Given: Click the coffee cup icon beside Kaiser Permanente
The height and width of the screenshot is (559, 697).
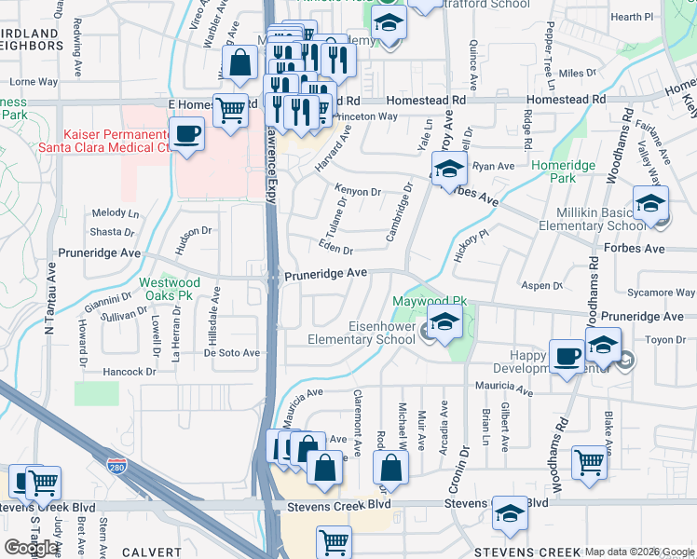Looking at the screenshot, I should click(187, 133).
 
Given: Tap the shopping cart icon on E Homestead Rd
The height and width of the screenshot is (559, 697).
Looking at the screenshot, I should click(230, 109).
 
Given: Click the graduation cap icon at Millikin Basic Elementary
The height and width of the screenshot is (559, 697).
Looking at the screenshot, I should click(650, 203).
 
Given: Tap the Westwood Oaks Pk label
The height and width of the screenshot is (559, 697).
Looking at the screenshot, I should click(170, 289).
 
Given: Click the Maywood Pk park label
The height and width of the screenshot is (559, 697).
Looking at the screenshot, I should click(429, 302).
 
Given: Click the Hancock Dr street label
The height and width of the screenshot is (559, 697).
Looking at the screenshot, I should click(130, 372).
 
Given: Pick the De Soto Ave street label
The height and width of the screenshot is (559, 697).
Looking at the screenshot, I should click(232, 353).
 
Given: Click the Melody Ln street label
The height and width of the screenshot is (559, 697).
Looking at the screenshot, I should click(115, 213).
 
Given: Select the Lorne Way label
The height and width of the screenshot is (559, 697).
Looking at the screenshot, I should click(34, 82).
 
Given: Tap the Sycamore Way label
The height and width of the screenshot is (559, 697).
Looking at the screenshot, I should click(662, 293).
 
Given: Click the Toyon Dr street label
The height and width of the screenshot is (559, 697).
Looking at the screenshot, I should click(666, 340).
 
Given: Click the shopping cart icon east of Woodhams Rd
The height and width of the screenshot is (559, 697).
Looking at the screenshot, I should click(589, 461).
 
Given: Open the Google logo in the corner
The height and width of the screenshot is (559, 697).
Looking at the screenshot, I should click(31, 548).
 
